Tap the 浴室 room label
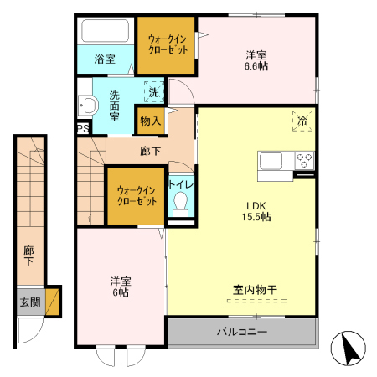[x=105, y=59]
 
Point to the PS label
[x=82, y=128]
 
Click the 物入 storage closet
[x=150, y=121]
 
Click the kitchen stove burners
[x=303, y=160]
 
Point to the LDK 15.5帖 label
[x=257, y=210]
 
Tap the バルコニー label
[x=242, y=332]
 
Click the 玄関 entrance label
[x=30, y=302]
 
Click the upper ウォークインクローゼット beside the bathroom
[x=167, y=44]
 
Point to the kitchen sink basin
[x=275, y=160]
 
